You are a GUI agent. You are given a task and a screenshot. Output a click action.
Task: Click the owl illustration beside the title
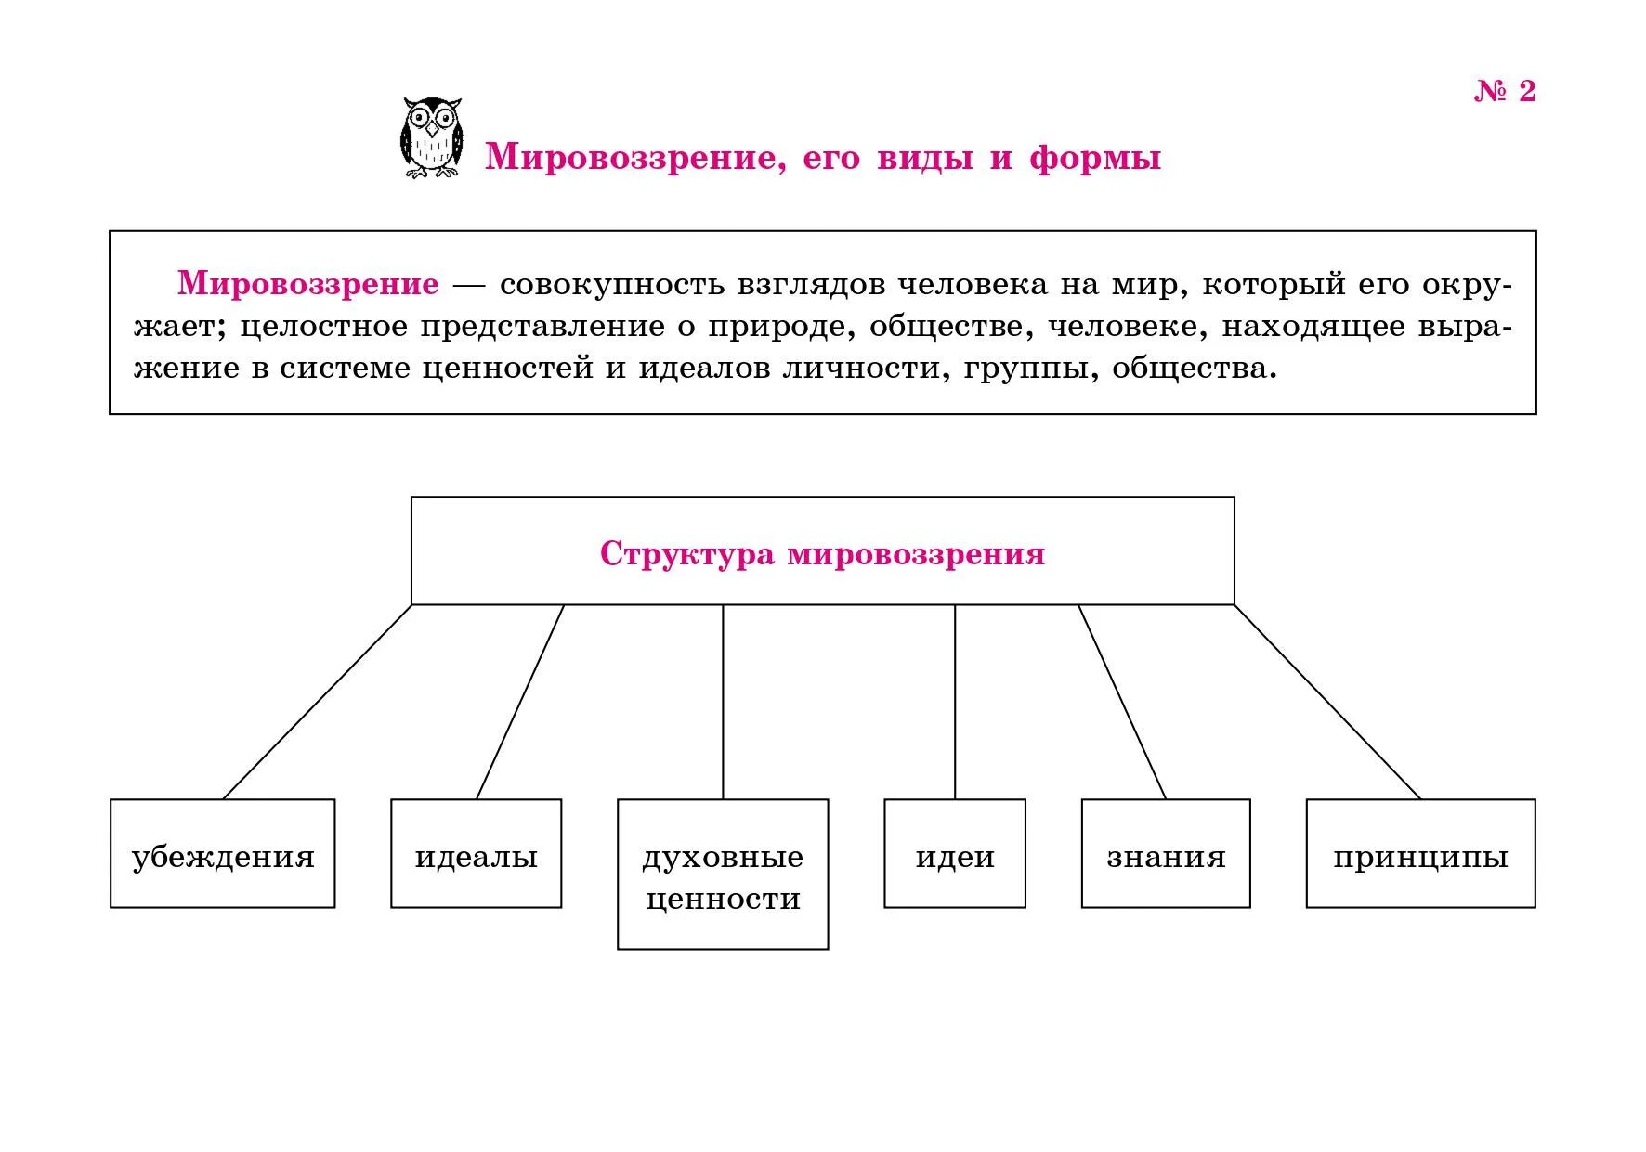(x=431, y=137)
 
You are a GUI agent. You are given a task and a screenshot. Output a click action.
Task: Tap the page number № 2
(x=1504, y=91)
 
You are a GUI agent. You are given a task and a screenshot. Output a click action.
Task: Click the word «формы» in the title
(x=1095, y=157)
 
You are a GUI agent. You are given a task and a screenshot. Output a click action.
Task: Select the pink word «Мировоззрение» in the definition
(x=308, y=283)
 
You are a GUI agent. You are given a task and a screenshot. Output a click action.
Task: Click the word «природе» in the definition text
(x=781, y=327)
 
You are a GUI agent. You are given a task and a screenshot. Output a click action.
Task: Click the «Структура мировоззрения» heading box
(x=822, y=551)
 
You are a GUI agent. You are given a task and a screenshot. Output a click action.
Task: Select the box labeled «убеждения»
(x=223, y=853)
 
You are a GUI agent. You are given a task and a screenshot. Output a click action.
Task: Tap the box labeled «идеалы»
(x=476, y=853)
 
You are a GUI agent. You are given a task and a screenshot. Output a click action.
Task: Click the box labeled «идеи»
(x=955, y=853)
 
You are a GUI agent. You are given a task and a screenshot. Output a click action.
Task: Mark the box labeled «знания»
(x=1166, y=853)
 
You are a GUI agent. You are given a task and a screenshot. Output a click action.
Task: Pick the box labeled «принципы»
(x=1420, y=853)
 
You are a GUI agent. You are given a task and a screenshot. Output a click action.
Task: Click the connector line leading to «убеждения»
(x=317, y=702)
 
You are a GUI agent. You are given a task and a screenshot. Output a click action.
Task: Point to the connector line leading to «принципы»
(x=1327, y=702)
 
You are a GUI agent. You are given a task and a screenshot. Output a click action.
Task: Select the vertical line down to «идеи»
(x=955, y=702)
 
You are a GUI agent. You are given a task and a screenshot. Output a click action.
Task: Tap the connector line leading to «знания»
(x=1122, y=702)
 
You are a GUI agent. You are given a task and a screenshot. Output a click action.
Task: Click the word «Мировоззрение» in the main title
(x=631, y=157)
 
